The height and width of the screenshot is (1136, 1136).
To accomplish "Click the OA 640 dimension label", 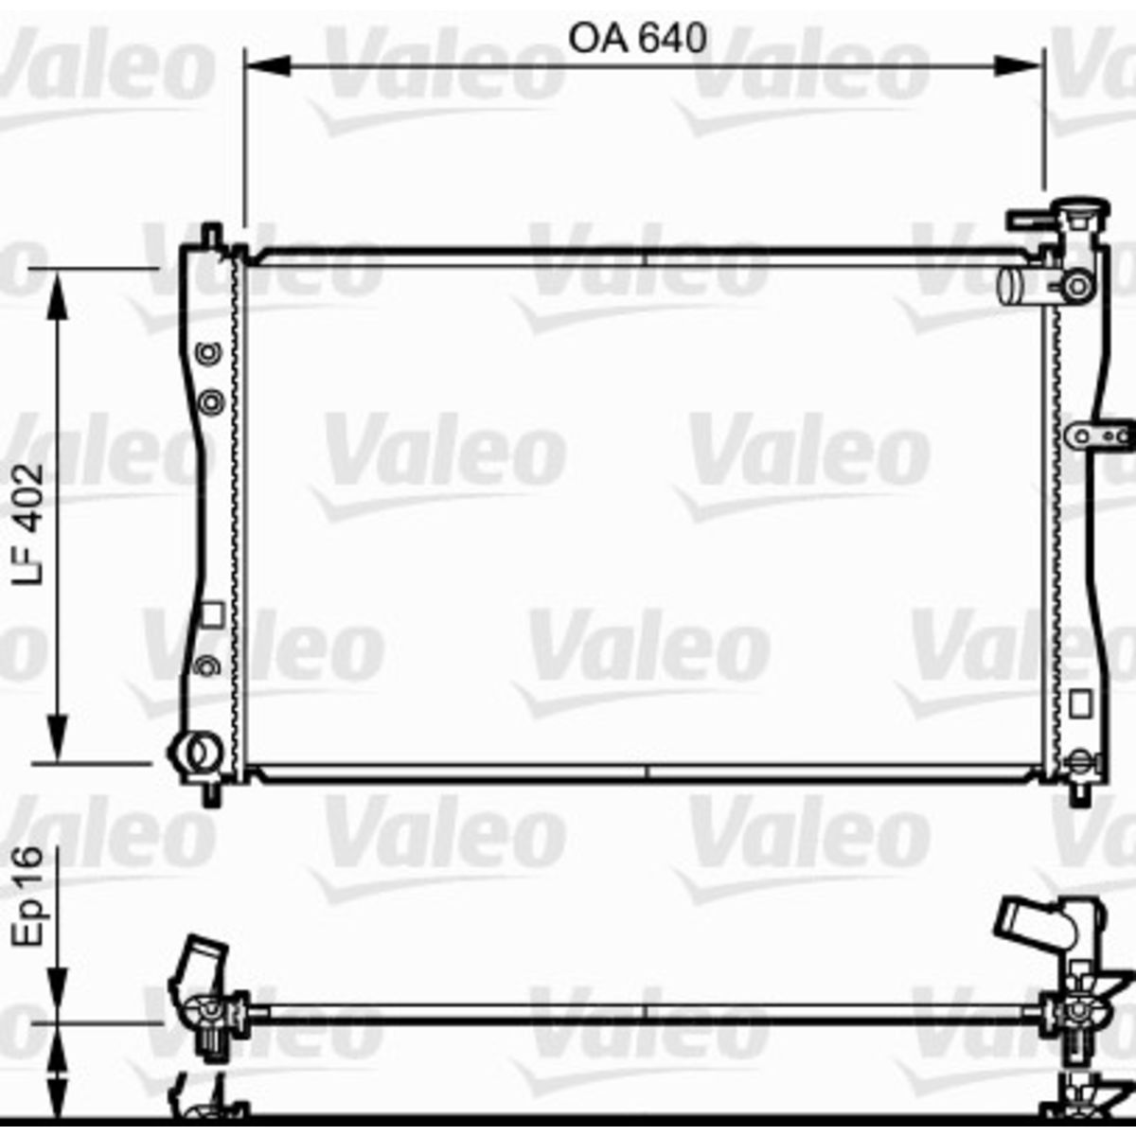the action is tap(637, 38).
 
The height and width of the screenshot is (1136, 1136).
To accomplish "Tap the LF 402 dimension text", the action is tap(29, 524).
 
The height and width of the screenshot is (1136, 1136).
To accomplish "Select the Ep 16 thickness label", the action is tap(29, 896).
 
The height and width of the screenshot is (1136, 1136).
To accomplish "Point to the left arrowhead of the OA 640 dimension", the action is tap(267, 66).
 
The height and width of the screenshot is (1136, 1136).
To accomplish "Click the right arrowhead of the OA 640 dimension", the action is tap(1020, 66).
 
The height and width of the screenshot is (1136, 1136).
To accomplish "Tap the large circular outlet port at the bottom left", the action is tap(196, 752).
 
